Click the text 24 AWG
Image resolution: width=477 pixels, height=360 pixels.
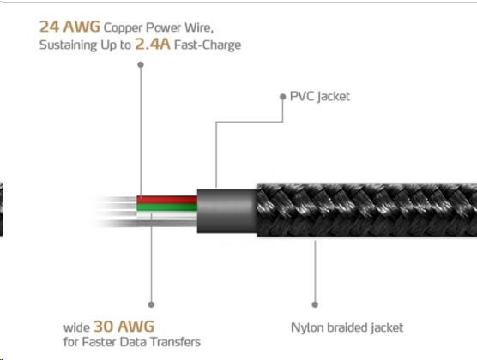[69, 27]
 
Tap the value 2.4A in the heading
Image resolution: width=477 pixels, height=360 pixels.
[153, 44]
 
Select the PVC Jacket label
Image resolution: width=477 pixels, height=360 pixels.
[320, 96]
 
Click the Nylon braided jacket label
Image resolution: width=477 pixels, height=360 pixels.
[347, 327]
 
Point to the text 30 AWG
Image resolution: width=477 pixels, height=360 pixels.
[124, 327]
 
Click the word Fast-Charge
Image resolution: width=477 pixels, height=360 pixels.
[208, 45]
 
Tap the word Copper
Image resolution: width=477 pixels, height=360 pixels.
[123, 28]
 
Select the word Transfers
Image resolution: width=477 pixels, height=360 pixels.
[176, 342]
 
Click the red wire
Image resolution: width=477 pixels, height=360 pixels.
[167, 200]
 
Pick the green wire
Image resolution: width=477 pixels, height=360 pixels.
[167, 207]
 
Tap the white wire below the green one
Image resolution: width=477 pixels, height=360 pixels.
[167, 215]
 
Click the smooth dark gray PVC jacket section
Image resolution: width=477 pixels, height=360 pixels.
[227, 211]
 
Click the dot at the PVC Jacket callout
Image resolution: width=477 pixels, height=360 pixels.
[283, 97]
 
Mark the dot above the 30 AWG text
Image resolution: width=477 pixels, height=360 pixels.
[151, 304]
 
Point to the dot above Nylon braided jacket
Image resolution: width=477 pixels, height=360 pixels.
[315, 304]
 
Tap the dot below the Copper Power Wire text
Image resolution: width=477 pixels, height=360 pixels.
[141, 64]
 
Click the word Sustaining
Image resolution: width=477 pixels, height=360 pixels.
[68, 45]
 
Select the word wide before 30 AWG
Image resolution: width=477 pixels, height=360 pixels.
[76, 327]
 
